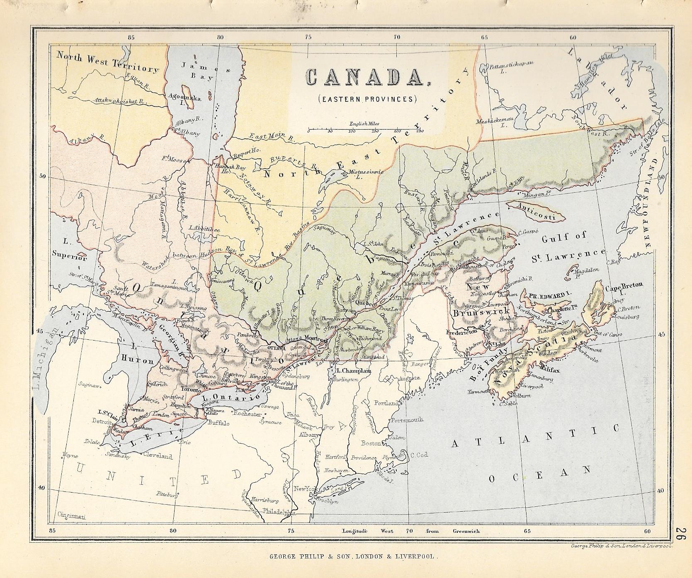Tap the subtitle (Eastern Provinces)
367,99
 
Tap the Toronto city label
191,390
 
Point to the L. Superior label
69,249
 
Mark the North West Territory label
107,62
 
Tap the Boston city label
371,443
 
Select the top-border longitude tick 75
308,37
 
